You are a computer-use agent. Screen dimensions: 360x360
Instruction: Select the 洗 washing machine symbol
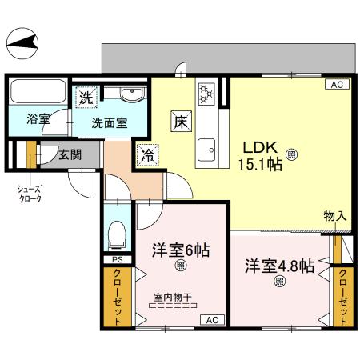(x=86, y=98)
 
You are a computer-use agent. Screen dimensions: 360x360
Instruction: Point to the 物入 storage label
(x=335, y=216)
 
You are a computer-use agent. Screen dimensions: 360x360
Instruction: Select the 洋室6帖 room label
(x=181, y=250)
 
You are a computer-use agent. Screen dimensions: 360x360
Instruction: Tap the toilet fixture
(x=117, y=234)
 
